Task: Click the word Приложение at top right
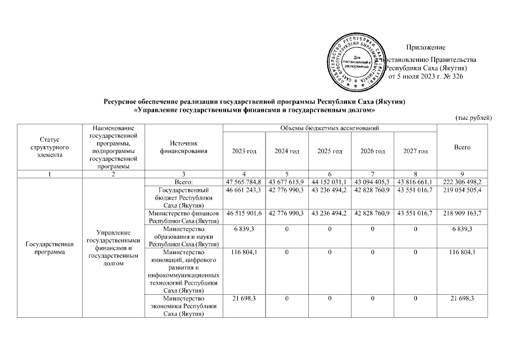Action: tap(426, 47)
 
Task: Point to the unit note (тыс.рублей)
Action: tap(474, 118)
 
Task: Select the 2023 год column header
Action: tap(244, 151)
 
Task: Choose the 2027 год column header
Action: tap(416, 151)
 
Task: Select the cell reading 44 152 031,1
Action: tap(330, 182)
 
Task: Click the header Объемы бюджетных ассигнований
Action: tap(330, 129)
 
